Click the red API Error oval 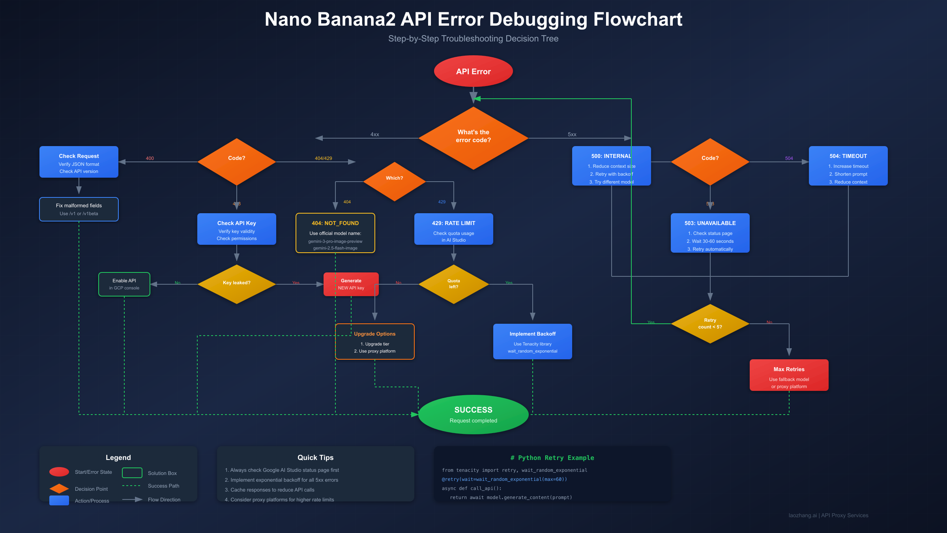[473, 71]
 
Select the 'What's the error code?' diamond [473, 137]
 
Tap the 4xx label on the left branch [374, 134]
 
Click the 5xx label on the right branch [572, 134]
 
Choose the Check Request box [79, 162]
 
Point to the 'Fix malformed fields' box [79, 209]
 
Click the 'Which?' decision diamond [394, 180]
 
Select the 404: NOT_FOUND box [335, 233]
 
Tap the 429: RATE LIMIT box [453, 229]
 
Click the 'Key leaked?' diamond [236, 283]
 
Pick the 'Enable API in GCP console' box [124, 284]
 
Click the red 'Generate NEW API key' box [351, 284]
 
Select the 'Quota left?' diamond [453, 284]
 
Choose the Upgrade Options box [374, 342]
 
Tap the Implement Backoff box [532, 342]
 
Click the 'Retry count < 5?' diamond [710, 324]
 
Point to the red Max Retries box [789, 375]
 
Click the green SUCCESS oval [473, 414]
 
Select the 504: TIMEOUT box [848, 166]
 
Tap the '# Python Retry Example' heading [552, 458]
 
